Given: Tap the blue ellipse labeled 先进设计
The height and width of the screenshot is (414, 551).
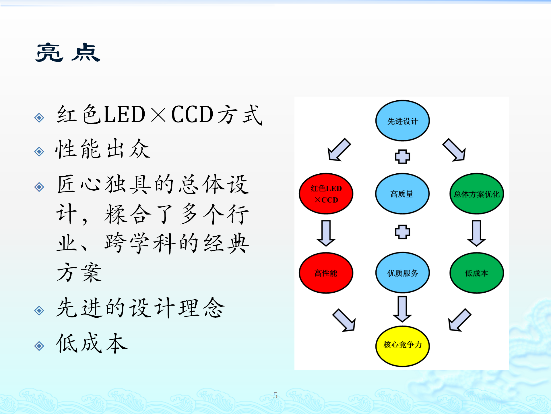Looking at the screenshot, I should tap(402, 121).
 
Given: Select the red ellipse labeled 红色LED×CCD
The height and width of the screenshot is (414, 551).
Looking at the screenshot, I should tap(326, 194).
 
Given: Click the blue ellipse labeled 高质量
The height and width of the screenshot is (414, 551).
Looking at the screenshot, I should tap(402, 194).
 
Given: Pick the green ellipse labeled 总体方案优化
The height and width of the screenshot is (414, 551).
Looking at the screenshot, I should tap(477, 194).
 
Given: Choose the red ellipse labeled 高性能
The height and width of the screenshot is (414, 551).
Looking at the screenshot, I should tap(326, 273).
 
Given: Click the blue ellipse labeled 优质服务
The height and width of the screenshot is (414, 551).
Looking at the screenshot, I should tap(402, 273).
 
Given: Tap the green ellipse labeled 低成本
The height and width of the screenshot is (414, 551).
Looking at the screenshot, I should tap(477, 273).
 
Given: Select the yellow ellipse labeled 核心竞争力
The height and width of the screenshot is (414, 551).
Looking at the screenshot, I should tap(402, 346).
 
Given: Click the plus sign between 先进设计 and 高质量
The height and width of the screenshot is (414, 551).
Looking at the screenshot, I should tap(402, 157).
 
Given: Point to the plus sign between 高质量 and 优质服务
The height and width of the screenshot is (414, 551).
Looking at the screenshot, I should tap(402, 232).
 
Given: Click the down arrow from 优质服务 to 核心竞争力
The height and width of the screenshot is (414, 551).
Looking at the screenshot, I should tap(402, 309).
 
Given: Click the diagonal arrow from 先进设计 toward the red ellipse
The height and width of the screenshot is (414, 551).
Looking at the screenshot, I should tap(339, 150).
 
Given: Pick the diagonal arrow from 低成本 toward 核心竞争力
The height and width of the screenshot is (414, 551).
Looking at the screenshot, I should tap(459, 320).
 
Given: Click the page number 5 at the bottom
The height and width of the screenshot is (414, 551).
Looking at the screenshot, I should tap(275, 395).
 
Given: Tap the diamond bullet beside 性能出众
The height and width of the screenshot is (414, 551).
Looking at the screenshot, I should tap(39, 152).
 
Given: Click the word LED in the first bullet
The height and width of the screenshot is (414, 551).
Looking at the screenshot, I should tap(124, 114).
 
